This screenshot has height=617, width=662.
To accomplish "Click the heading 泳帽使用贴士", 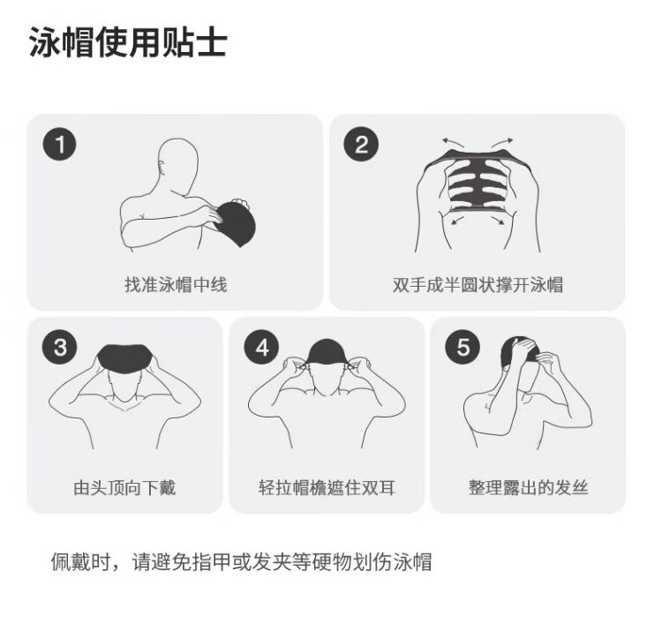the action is pos(128,42).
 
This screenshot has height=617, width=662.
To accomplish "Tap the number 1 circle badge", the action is pos(59,145).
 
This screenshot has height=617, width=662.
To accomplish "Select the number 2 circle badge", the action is pos(361,145).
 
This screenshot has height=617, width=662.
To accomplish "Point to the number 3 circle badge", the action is pos(59,347).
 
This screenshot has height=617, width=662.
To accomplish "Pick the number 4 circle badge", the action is pos(262,347).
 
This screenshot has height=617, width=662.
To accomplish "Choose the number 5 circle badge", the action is pos(463,347).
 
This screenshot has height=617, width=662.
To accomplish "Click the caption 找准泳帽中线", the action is pos(176,284).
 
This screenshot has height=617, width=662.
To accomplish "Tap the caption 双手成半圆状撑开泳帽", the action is pos(478,284).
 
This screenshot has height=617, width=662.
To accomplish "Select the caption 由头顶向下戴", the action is pos(124,487).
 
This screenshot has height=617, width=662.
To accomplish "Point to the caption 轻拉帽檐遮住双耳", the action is pos(327,487).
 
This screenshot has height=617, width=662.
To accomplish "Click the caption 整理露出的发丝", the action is pos(528,487).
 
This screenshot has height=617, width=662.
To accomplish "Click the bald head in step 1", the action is pos(178,166).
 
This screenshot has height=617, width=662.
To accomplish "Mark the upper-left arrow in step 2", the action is pos(452,141).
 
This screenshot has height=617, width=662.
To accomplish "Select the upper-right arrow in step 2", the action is pos(502,141).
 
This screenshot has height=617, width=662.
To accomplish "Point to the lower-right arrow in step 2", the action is pos(497,221).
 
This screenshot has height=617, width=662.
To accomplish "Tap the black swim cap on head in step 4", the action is pos(327,352).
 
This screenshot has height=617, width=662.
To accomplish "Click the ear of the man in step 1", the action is pos(162,167).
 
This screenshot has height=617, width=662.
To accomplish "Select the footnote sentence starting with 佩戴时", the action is pos(241,561).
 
